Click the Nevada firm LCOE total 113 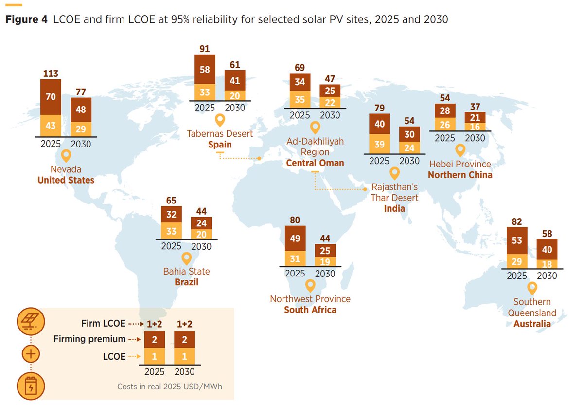pos(51,74)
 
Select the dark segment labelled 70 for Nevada pos(51,97)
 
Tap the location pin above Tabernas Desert pos(220,120)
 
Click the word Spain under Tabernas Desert pos(220,145)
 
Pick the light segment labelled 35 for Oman pos(300,99)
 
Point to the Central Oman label pos(315,163)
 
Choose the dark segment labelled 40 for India pos(379,124)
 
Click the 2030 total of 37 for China pos(475,107)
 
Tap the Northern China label pos(460,175)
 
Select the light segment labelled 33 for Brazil pos(171,231)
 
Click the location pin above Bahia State pos(187,258)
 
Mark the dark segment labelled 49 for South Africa pos(295,238)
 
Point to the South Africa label pos(310,310)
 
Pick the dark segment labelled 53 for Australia pos(517,240)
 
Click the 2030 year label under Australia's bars pos(547,276)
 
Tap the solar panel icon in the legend pos(31,321)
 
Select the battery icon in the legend pos(31,386)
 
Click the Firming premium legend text pos(89,339)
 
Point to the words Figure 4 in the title pos(26,19)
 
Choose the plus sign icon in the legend pos(31,353)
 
